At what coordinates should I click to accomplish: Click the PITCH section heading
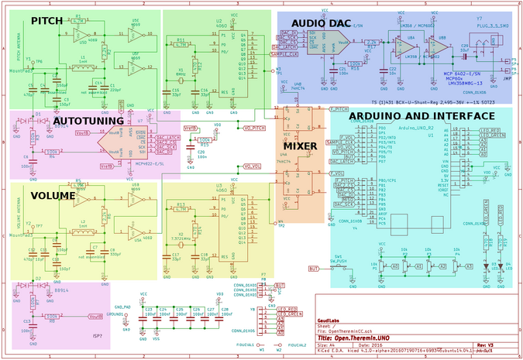pyautogui.click(x=48, y=20)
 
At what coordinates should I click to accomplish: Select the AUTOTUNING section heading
pyautogui.click(x=88, y=121)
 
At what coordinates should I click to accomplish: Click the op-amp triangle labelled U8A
pyautogui.click(x=410, y=46)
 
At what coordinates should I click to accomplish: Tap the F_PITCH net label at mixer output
pyautogui.click(x=339, y=108)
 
